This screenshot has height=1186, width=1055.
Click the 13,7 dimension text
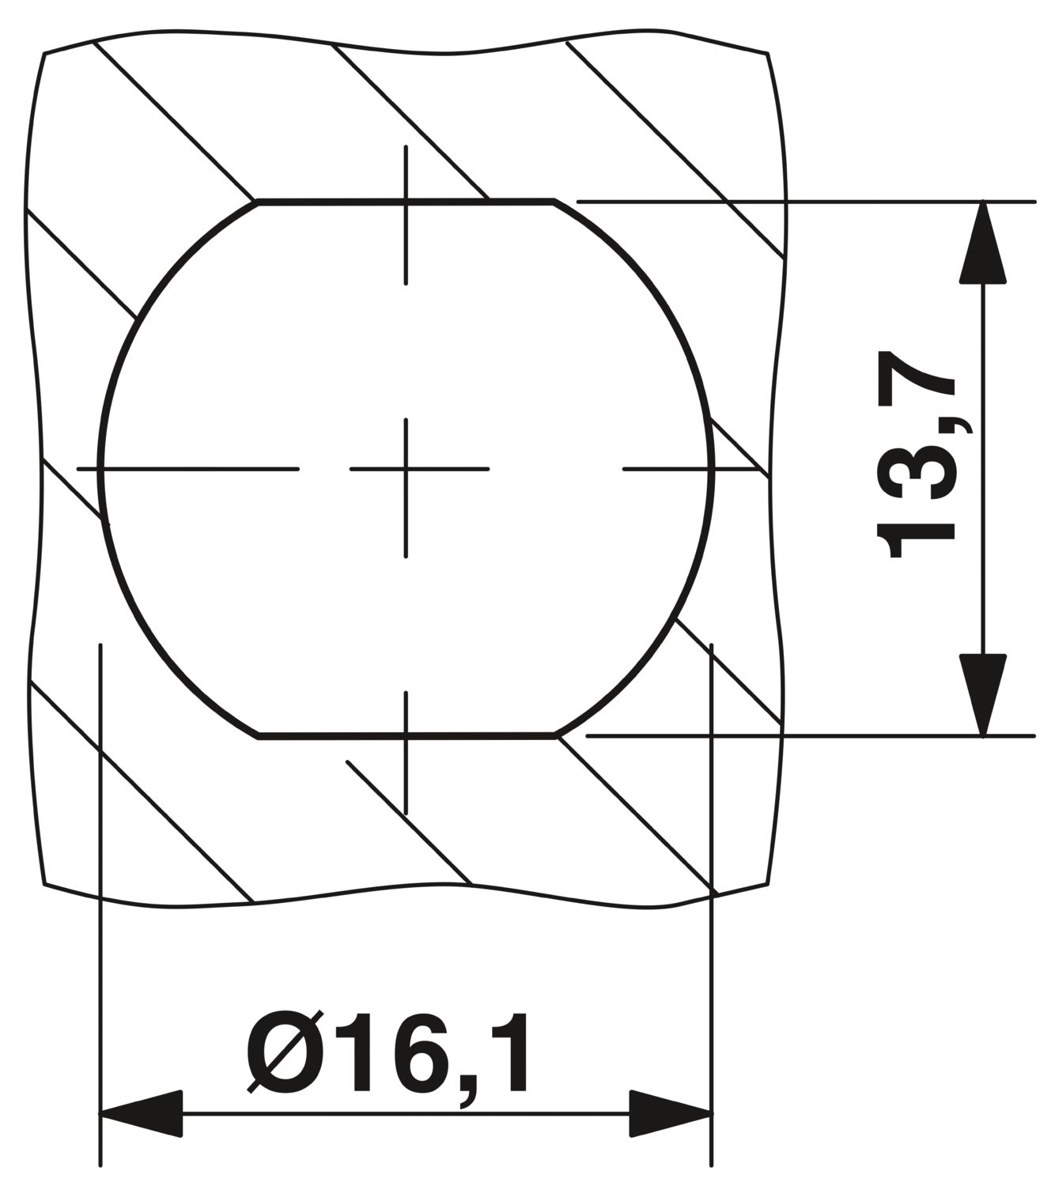point(916,455)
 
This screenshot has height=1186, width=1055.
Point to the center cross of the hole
point(406,469)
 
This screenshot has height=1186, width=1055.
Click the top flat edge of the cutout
point(406,201)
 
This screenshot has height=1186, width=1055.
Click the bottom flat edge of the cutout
point(406,736)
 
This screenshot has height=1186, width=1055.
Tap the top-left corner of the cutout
point(258,202)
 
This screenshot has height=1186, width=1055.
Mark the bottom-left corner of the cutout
point(259,736)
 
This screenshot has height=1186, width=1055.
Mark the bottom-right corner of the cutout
point(556,736)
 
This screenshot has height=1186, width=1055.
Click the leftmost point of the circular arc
point(100,469)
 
